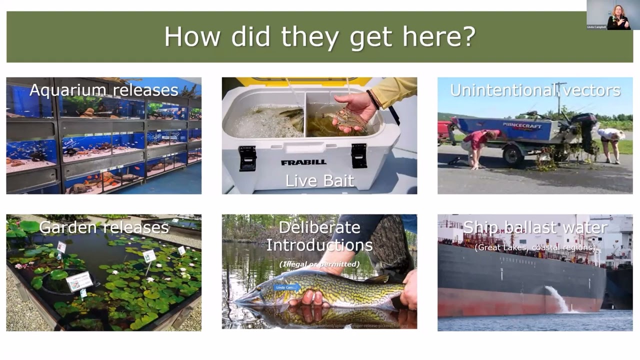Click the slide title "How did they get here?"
(x=319, y=36)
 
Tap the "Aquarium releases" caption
(x=103, y=90)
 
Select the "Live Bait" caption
(x=319, y=180)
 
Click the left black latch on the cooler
(x=247, y=157)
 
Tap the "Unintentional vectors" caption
(x=535, y=90)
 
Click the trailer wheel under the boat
(x=512, y=154)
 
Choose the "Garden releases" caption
(x=103, y=227)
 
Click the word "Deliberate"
(x=319, y=227)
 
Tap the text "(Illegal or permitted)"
(x=319, y=263)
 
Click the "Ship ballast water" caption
(x=535, y=227)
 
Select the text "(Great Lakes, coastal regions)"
(x=535, y=247)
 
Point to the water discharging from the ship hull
(x=557, y=298)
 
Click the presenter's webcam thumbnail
(x=613, y=15)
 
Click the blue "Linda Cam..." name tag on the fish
(x=286, y=287)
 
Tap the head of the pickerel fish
(x=255, y=299)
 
